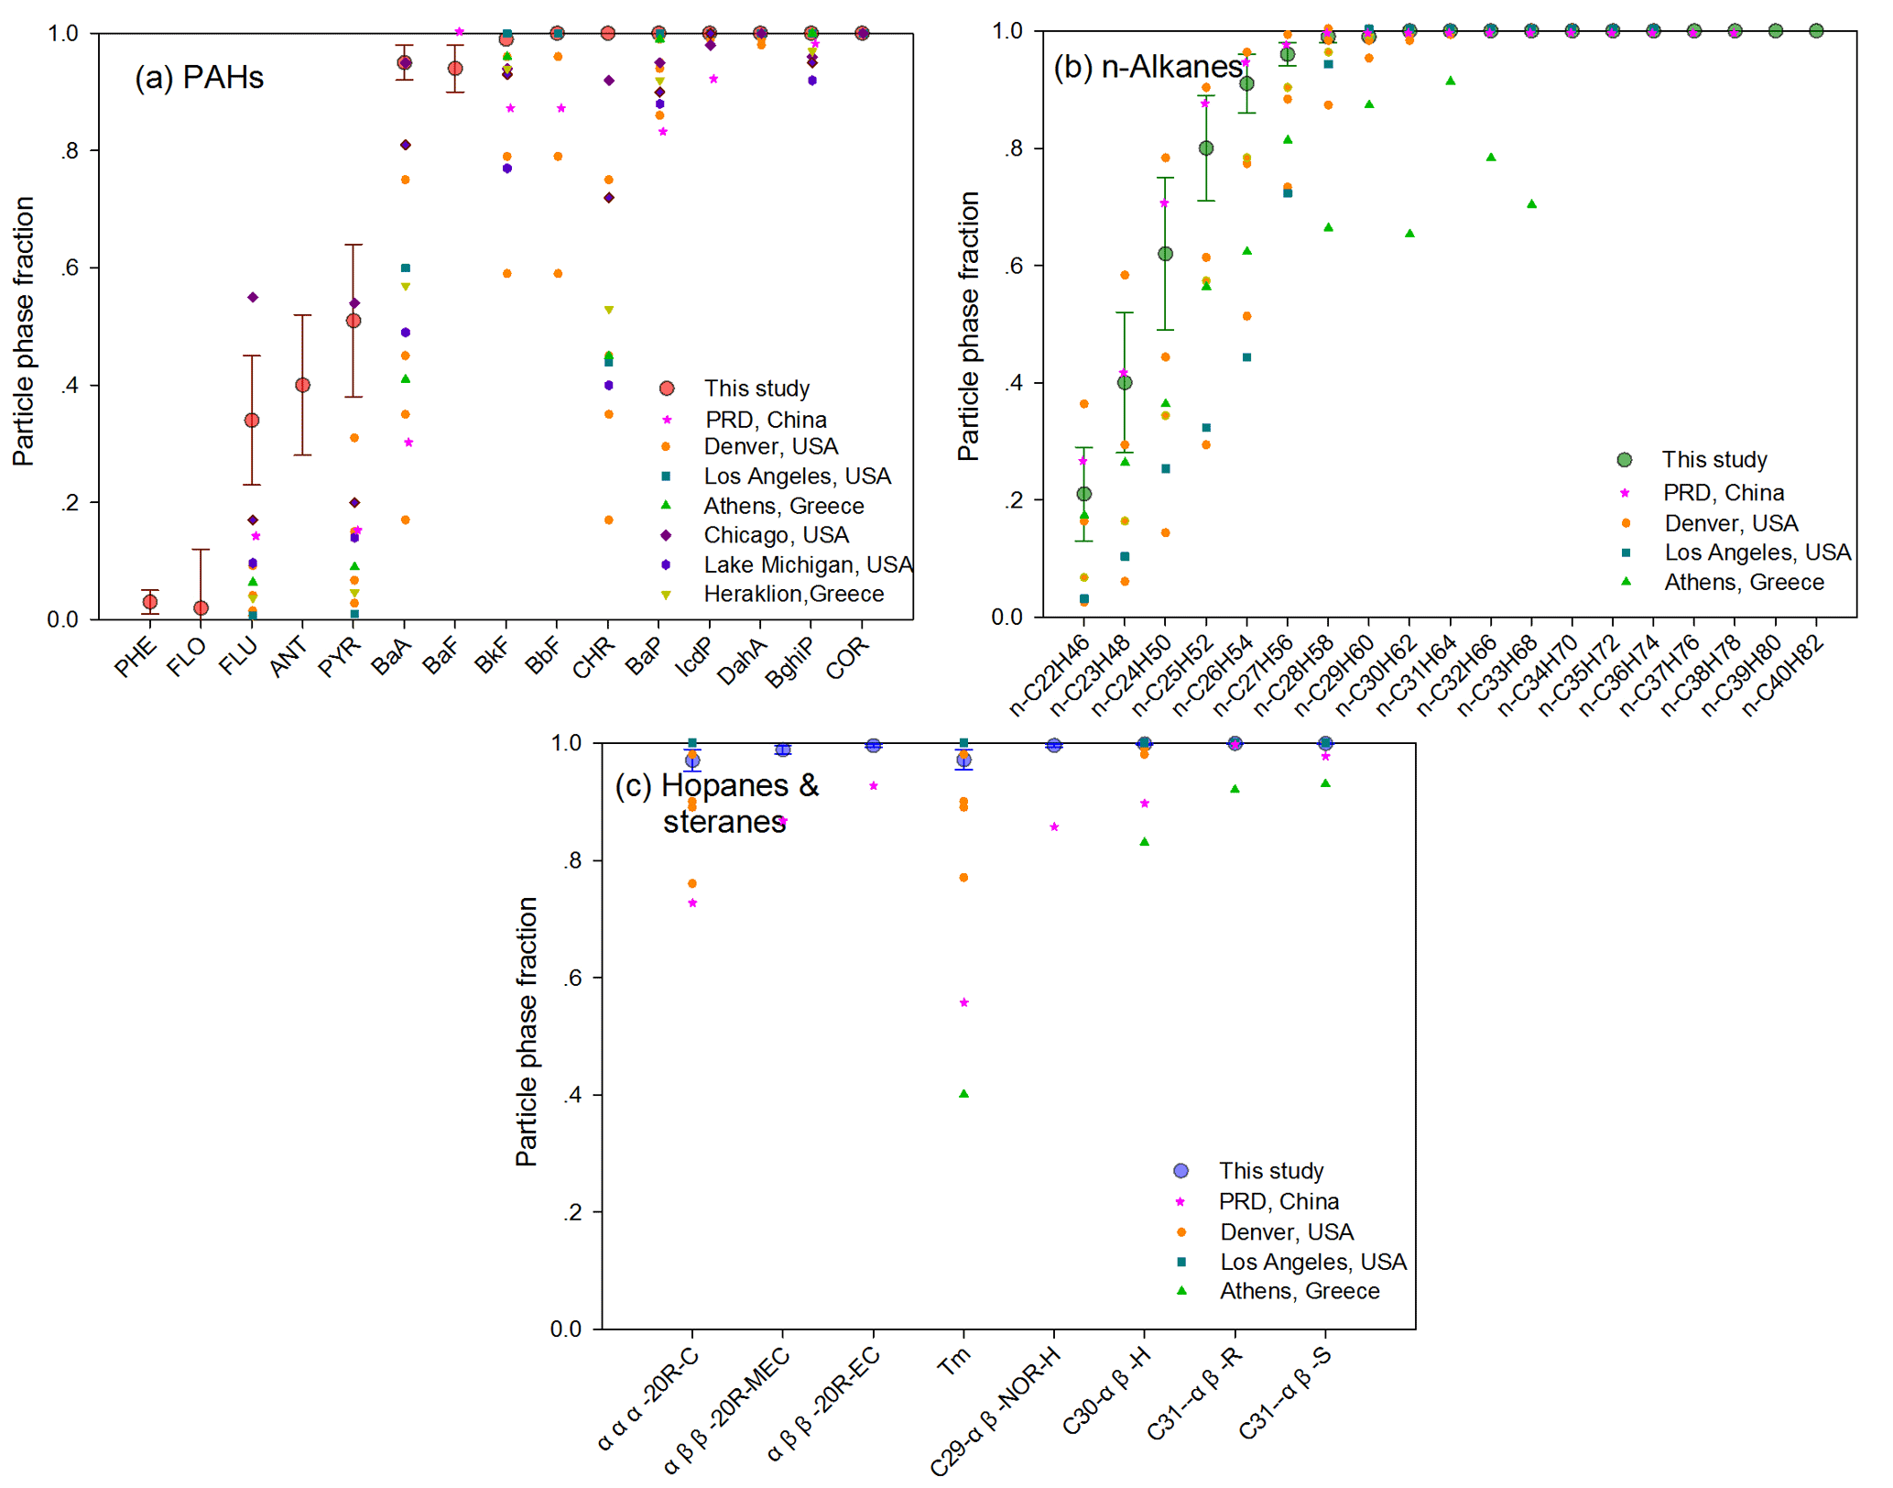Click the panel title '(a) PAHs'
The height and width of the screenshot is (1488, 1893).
[199, 77]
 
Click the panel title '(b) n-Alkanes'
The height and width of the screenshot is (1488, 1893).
[1148, 66]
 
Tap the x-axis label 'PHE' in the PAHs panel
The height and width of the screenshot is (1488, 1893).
[136, 657]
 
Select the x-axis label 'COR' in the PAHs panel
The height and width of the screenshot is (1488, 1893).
[847, 658]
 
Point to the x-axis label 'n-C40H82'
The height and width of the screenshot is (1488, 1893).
[1783, 674]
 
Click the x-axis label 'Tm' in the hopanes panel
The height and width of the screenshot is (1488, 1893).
[953, 1362]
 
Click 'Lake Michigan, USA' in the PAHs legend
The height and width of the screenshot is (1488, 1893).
[808, 564]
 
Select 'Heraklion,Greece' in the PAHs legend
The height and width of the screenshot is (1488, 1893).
[793, 594]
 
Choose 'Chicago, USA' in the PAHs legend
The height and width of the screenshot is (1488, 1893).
[776, 534]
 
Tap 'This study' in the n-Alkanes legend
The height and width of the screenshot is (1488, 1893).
[1713, 459]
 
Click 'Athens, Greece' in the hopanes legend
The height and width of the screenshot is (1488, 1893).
[1299, 1290]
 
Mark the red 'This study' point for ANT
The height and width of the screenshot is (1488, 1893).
[302, 385]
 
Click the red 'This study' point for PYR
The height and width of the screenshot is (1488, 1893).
[354, 321]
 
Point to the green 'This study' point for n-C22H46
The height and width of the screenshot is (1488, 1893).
[1084, 494]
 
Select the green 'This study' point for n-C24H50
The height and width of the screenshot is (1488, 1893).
[1166, 254]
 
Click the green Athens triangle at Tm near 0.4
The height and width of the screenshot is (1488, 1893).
[963, 1093]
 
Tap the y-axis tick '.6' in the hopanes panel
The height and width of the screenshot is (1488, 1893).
[571, 978]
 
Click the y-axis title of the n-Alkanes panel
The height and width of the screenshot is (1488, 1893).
[968, 325]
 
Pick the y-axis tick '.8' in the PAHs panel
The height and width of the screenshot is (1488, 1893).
[70, 150]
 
